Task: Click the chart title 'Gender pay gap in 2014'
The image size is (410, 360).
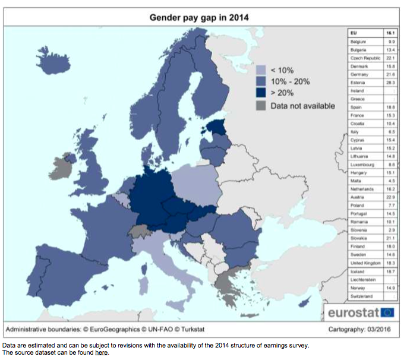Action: click(198, 17)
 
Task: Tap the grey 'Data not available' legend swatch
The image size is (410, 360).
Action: click(260, 105)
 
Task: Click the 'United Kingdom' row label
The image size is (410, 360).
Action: click(365, 263)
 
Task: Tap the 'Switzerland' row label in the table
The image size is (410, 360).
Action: click(361, 295)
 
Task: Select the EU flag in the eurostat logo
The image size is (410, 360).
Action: click(387, 312)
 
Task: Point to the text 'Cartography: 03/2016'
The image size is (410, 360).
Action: click(361, 329)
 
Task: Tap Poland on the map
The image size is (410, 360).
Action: click(196, 181)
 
